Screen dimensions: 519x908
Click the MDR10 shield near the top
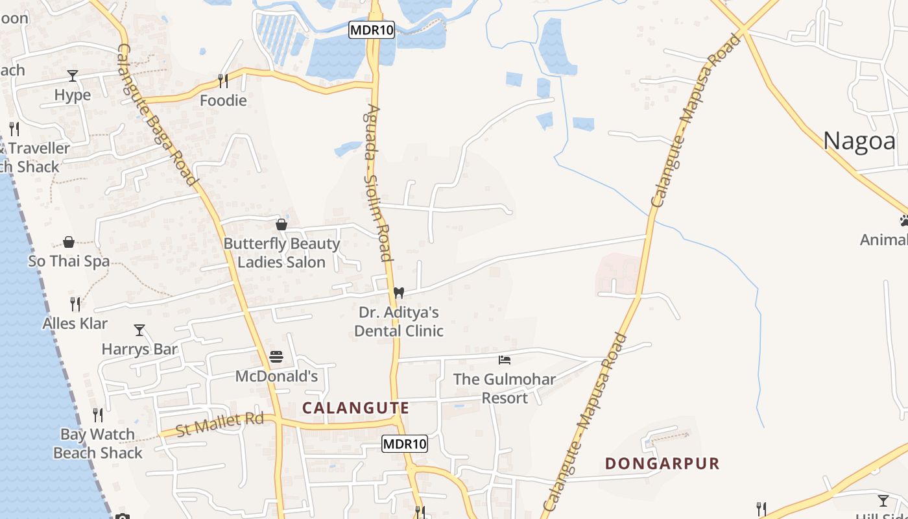(372, 30)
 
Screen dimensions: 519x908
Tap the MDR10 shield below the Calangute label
(405, 444)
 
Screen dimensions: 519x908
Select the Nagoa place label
(859, 141)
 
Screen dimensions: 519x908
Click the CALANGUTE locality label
(356, 408)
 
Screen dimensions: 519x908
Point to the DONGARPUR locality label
(662, 463)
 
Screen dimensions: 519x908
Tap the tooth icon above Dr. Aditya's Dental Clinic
(399, 293)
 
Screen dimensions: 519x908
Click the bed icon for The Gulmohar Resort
(505, 359)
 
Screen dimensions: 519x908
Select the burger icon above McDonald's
(276, 357)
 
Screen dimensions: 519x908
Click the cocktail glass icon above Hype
(73, 76)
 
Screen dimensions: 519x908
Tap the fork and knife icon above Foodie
(223, 81)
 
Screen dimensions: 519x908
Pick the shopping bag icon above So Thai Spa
(69, 243)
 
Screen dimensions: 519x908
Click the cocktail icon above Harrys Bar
(139, 330)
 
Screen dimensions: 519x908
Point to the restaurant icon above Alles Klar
(75, 304)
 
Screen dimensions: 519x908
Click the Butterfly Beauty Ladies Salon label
(281, 253)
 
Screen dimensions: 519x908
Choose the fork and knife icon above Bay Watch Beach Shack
(98, 415)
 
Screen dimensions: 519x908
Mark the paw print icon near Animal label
(904, 221)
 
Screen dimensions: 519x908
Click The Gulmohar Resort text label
(504, 388)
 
